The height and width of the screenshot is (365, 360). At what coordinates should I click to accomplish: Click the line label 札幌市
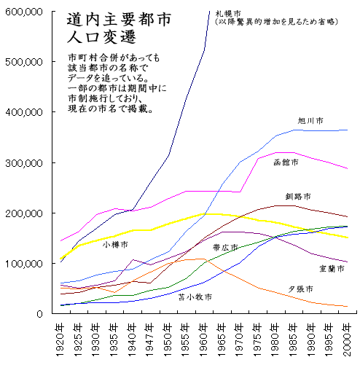[237, 13]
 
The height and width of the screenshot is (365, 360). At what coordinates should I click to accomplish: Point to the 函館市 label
[285, 162]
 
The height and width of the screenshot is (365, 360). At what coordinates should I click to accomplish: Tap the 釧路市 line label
[298, 197]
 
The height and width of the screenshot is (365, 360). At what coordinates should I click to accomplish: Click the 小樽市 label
[114, 244]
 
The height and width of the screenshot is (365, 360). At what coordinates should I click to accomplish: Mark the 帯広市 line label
[225, 248]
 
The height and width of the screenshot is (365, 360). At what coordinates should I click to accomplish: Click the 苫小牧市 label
[195, 297]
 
